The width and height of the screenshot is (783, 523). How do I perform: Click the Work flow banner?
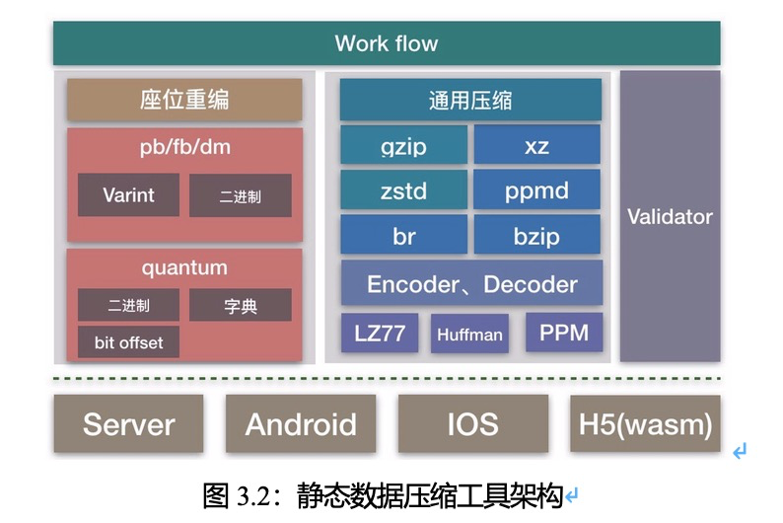[387, 43]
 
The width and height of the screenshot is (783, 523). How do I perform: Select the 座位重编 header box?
[184, 100]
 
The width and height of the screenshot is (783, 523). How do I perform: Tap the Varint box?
[128, 194]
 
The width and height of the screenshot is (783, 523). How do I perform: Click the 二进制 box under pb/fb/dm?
[241, 195]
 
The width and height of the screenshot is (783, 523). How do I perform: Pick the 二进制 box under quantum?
[128, 305]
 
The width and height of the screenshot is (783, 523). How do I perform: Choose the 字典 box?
[241, 305]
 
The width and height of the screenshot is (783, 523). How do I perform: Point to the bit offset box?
[128, 342]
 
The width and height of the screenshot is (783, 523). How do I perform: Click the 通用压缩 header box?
[470, 100]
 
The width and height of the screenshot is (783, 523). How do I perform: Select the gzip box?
[403, 145]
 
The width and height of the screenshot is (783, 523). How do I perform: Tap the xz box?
[536, 145]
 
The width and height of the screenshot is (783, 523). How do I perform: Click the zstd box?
[403, 189]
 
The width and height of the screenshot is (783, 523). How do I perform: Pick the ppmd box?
[536, 189]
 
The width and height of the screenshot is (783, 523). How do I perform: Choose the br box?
[403, 235]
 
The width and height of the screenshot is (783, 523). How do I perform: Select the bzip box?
[536, 235]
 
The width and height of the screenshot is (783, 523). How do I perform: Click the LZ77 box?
[380, 333]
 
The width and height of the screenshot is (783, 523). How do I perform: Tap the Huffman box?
[469, 334]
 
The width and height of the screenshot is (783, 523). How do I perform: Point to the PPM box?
[564, 333]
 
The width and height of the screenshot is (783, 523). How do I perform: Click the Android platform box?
[301, 423]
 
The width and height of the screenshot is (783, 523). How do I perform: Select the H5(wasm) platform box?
[645, 423]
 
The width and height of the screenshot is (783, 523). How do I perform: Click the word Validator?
[670, 217]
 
